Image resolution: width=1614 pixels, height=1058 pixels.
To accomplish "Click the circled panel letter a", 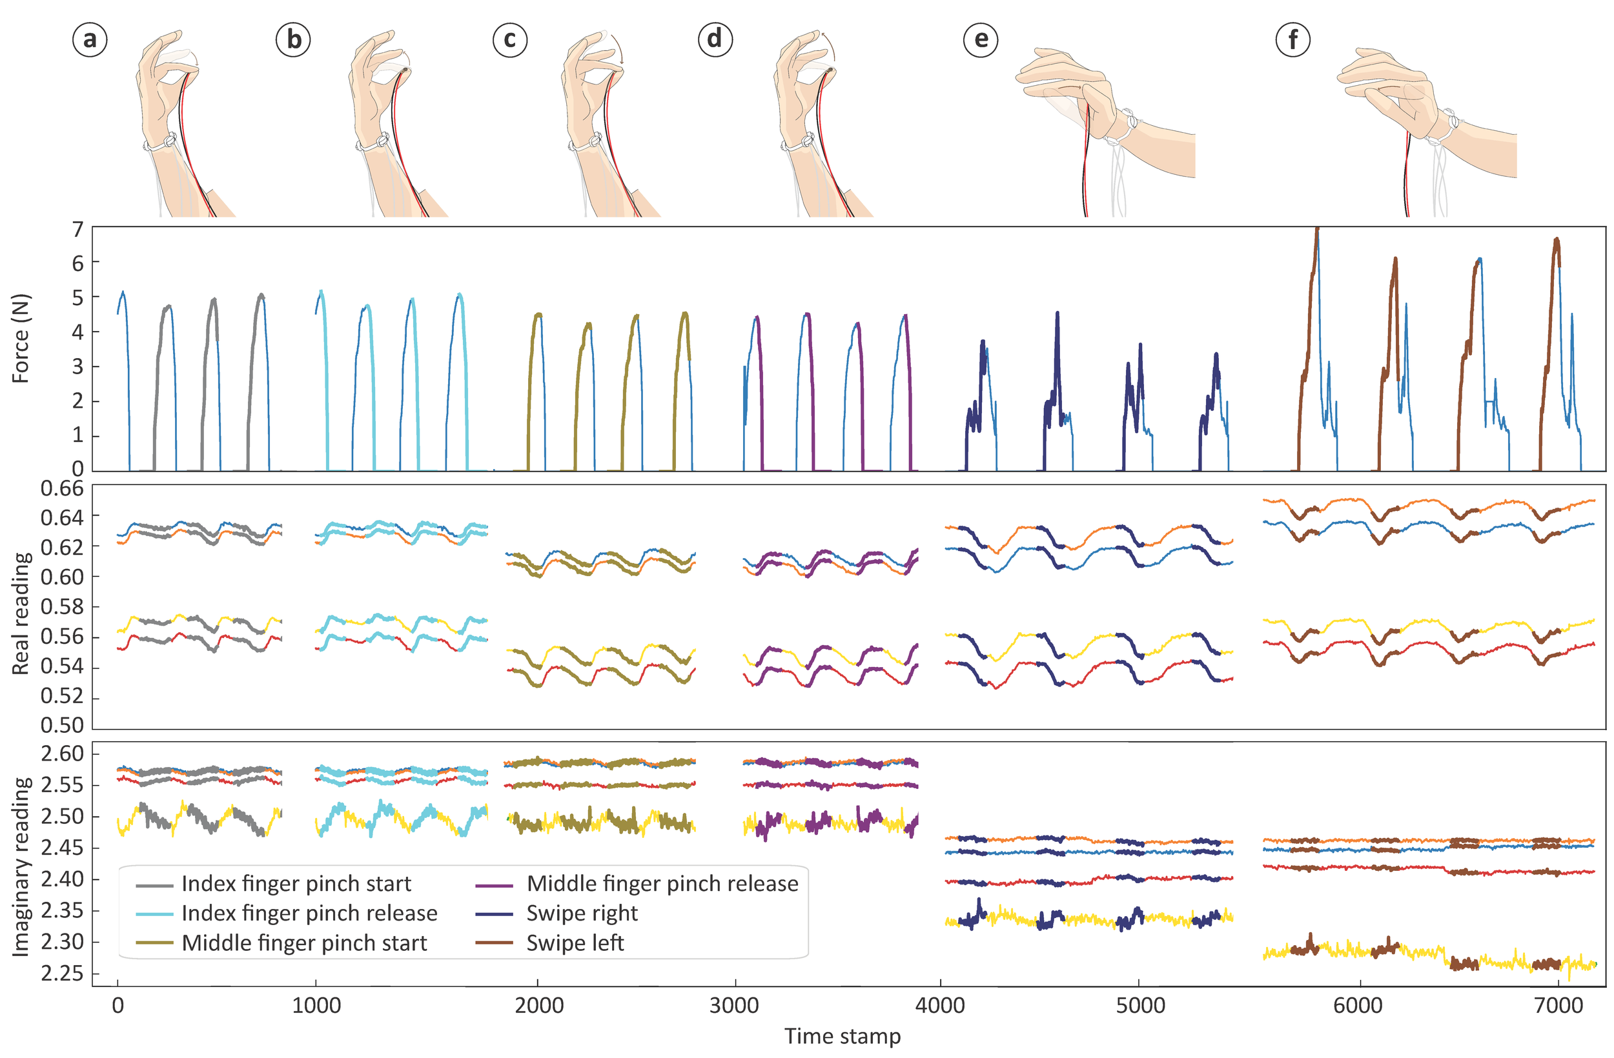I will click(90, 40).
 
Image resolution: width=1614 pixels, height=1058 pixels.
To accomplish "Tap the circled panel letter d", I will click(715, 40).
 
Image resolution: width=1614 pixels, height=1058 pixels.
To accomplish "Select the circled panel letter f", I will click(1292, 40).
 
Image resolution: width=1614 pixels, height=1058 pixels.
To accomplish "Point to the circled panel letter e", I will click(981, 40).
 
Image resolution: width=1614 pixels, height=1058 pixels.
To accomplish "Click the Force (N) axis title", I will click(21, 339).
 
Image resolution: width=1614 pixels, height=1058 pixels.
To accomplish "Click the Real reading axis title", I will click(21, 614).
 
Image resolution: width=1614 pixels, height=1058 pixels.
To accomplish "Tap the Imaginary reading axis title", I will click(21, 868).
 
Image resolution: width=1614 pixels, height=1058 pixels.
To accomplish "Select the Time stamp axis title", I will click(843, 1036).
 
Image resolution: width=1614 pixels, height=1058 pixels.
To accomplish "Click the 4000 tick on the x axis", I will click(940, 1005).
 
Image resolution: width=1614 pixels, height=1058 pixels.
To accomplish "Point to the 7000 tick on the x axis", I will click(1558, 1005).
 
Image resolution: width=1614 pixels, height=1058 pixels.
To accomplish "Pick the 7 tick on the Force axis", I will click(78, 230).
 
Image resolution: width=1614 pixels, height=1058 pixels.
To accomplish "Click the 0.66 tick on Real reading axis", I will click(62, 488).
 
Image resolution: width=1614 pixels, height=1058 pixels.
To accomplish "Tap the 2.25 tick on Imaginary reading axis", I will click(62, 974).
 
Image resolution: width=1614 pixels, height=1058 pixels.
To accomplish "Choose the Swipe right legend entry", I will click(582, 913).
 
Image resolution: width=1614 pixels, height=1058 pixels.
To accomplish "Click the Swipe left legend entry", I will click(575, 943).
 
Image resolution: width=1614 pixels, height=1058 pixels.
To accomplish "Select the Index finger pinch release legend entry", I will click(309, 913).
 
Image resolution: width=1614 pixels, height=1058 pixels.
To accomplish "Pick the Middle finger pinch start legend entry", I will click(305, 943).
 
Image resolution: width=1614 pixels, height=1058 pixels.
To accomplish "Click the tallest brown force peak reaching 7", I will click(1317, 230).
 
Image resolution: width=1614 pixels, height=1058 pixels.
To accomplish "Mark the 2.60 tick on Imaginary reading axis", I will click(62, 754).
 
